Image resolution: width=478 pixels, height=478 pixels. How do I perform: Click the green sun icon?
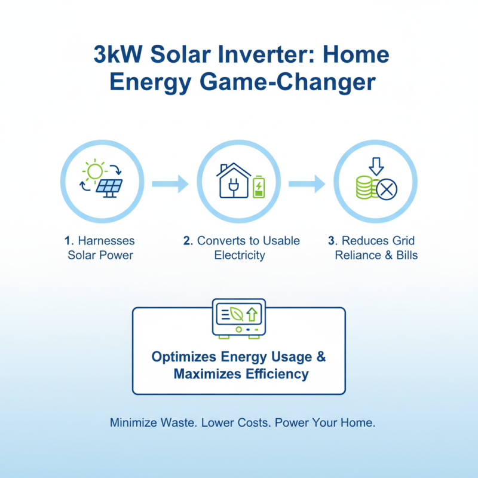tap(94, 171)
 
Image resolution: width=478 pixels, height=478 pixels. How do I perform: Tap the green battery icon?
tap(259, 187)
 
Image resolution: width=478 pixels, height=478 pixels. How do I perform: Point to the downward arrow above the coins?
tap(376, 166)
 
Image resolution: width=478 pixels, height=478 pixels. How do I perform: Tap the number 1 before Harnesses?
tap(68, 241)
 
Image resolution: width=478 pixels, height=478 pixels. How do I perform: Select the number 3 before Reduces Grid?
tap(332, 241)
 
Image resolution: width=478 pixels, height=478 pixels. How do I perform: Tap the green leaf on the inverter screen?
tap(237, 315)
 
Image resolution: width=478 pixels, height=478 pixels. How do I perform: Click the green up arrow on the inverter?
tap(252, 314)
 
